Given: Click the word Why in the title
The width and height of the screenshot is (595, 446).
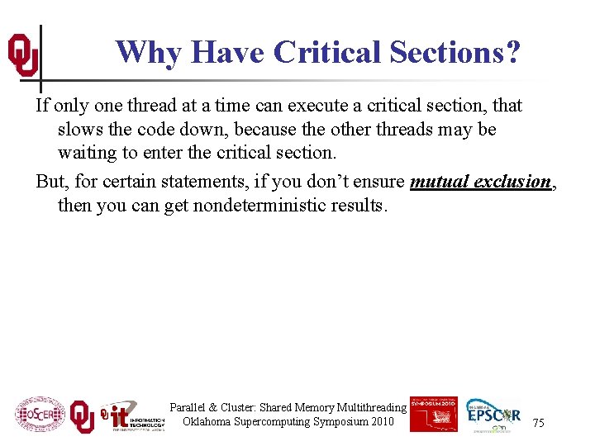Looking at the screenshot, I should pyautogui.click(x=150, y=52).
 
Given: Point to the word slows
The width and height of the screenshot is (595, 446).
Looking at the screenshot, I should pyautogui.click(x=79, y=130).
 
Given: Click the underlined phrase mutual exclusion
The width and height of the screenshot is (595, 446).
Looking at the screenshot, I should pyautogui.click(x=479, y=182).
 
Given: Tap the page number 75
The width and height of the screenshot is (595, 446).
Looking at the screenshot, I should pyautogui.click(x=538, y=423).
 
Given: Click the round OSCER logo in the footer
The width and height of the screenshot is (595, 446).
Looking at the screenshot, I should pyautogui.click(x=40, y=414).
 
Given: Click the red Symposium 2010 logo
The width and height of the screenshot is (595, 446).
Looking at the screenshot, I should pyautogui.click(x=433, y=413).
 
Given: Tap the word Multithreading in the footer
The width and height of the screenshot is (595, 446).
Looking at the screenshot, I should pyautogui.click(x=365, y=407).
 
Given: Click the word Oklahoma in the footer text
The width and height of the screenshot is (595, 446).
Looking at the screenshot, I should pyautogui.click(x=209, y=421).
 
